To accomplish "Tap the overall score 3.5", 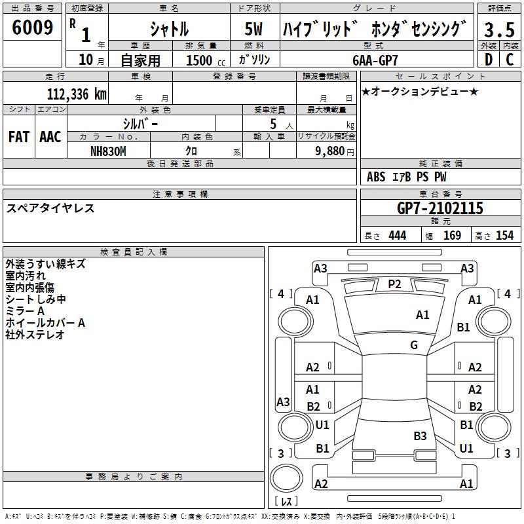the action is tap(499, 29).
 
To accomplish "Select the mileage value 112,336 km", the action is tap(77, 94).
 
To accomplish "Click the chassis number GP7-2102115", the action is tap(440, 208).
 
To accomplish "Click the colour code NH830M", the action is tap(108, 150).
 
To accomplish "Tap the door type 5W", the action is tap(254, 29).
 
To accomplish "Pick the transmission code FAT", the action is tap(18, 137).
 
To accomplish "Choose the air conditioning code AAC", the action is tap(50, 137).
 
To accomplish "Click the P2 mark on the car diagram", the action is tap(394, 284).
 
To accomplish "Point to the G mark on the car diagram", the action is tap(413, 345).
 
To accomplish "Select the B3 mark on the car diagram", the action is tap(420, 436).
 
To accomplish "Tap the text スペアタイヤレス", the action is tap(50, 208).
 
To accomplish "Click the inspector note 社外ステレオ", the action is tap(35, 335).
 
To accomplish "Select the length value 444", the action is tap(397, 236).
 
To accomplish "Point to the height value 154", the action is tap(504, 236).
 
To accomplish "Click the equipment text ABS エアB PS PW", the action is tap(407, 177).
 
